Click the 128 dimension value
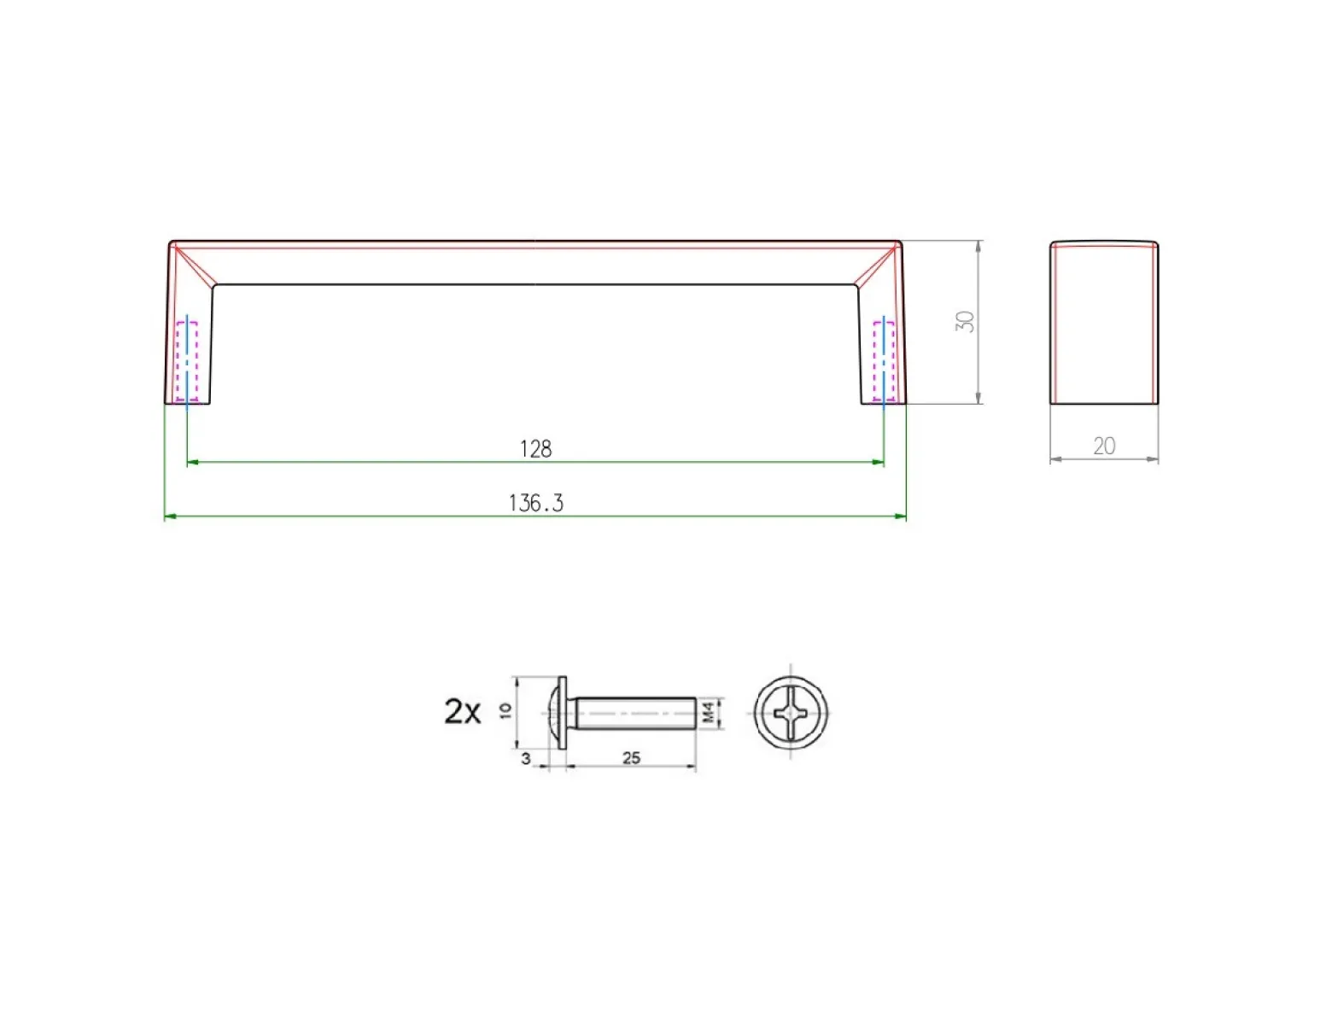536,449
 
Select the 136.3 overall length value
536,503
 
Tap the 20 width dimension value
1104,446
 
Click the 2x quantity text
463,711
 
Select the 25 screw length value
631,758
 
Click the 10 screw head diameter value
505,711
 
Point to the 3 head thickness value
525,759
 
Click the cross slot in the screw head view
792,713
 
